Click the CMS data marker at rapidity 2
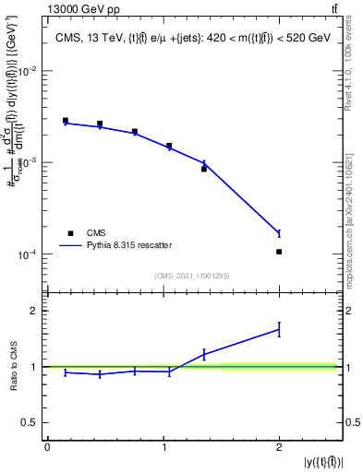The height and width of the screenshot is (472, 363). coord(279,252)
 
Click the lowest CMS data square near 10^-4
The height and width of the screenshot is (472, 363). coord(279,252)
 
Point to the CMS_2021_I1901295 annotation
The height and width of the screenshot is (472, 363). coord(192,276)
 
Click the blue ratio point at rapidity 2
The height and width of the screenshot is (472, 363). coord(279,328)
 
